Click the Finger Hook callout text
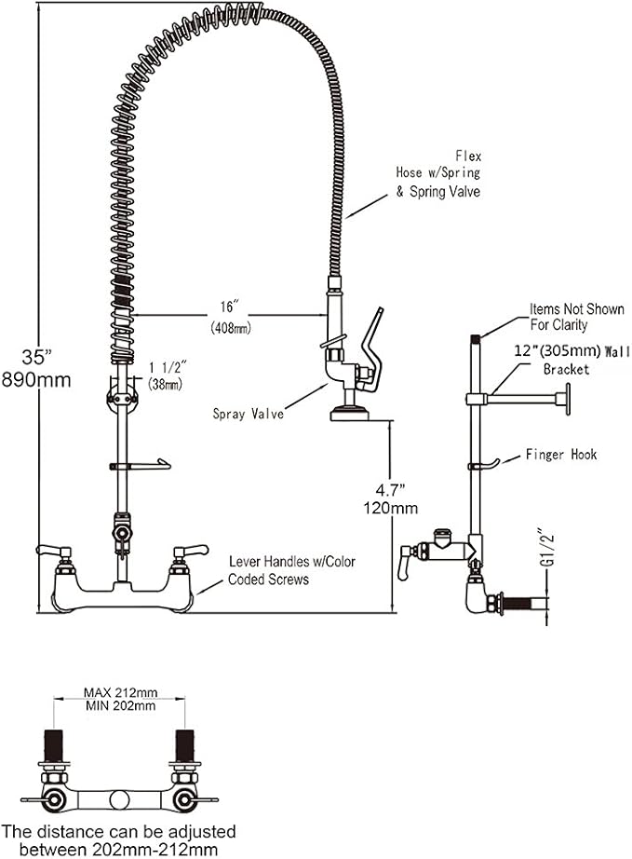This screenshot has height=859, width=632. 559,455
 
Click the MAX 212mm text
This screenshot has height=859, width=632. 120,692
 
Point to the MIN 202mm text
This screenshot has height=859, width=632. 120,706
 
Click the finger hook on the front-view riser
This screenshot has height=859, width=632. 155,463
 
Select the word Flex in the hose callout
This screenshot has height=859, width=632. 468,155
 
